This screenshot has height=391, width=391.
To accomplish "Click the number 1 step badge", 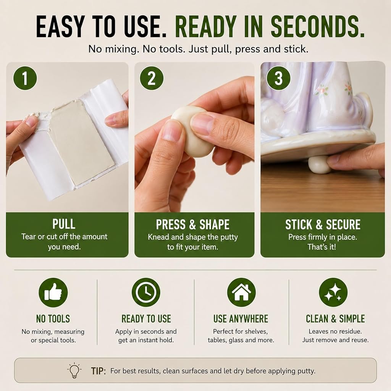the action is pyautogui.click(x=25, y=78).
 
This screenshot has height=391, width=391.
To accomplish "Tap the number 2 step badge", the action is pyautogui.click(x=152, y=78).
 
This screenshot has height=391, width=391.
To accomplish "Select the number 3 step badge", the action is pyautogui.click(x=278, y=78).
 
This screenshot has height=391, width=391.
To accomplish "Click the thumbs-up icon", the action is pyautogui.click(x=53, y=292).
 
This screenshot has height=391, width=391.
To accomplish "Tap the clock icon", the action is pyautogui.click(x=146, y=292).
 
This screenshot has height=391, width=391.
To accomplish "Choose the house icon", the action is pyautogui.click(x=241, y=292).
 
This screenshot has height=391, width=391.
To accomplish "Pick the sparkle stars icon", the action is pyautogui.click(x=333, y=292).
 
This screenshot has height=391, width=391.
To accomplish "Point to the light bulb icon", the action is pyautogui.click(x=74, y=370).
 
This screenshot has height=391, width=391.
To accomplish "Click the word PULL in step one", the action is pyautogui.click(x=64, y=224).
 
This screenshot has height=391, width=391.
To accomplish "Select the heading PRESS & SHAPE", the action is pyautogui.click(x=193, y=225).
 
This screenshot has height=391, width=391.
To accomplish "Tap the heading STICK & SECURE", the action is pyautogui.click(x=323, y=225).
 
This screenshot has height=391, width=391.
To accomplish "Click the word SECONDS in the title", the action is pyautogui.click(x=317, y=26).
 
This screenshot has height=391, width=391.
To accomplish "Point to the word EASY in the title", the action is pyautogui.click(x=61, y=26).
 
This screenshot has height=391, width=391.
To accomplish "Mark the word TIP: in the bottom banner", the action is pyautogui.click(x=98, y=371).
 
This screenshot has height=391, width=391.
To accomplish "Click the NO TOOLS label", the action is pyautogui.click(x=53, y=319).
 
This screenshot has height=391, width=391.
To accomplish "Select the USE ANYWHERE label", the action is pyautogui.click(x=241, y=319).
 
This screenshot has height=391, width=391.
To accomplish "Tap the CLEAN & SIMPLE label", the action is pyautogui.click(x=335, y=319).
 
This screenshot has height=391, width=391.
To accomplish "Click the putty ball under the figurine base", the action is pyautogui.click(x=320, y=164).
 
